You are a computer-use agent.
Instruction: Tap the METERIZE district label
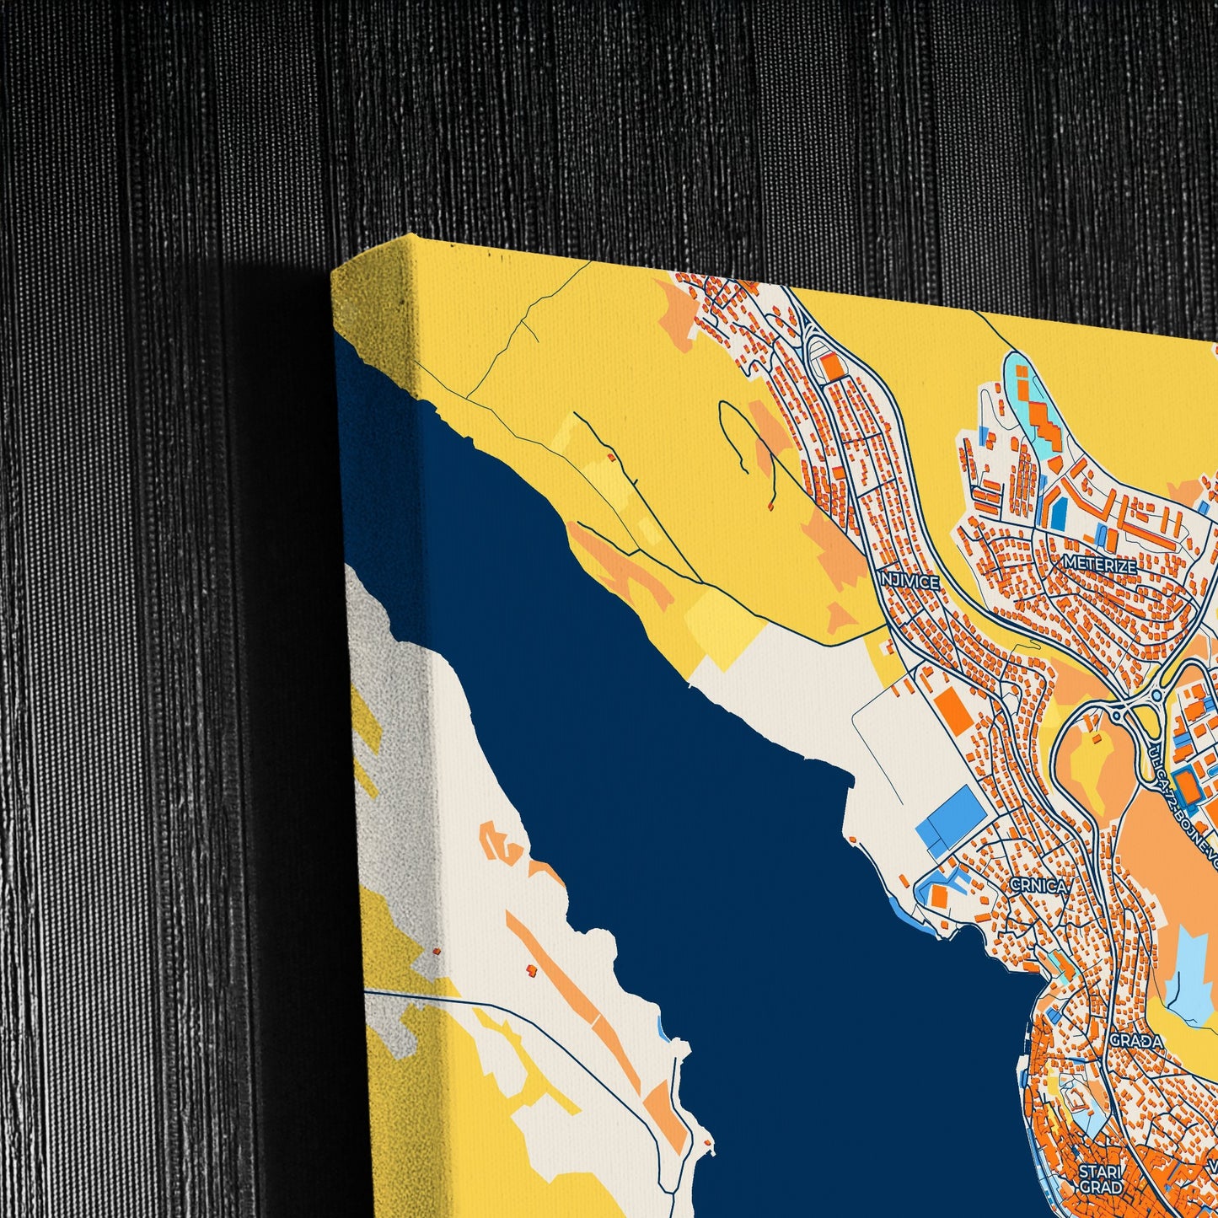(1099, 565)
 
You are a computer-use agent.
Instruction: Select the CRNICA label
(1038, 886)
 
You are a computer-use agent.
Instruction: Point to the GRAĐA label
(1135, 1040)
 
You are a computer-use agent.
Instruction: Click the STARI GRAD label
(1101, 1179)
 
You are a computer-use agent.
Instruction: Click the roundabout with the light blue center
(1156, 696)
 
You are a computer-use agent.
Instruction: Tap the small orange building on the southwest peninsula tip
(706, 1141)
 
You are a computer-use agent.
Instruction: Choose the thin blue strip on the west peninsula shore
(663, 1028)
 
